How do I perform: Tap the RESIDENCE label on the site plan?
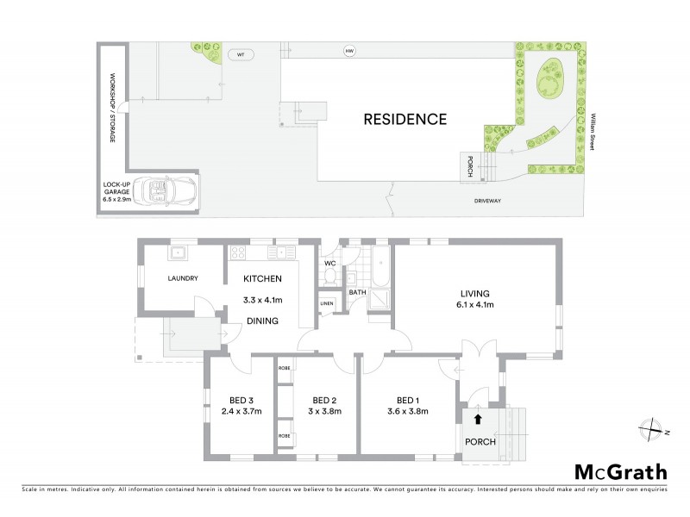click(x=405, y=119)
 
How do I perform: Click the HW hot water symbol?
click(x=349, y=53)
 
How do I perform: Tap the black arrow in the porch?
click(x=477, y=420)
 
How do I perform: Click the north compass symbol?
click(x=654, y=428)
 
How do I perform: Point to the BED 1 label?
click(x=407, y=400)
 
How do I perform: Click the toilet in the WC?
click(x=329, y=276)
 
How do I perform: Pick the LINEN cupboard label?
click(x=326, y=303)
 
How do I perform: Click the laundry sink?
click(x=179, y=252)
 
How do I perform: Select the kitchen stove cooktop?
click(x=237, y=252)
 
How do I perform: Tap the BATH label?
click(x=357, y=292)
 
